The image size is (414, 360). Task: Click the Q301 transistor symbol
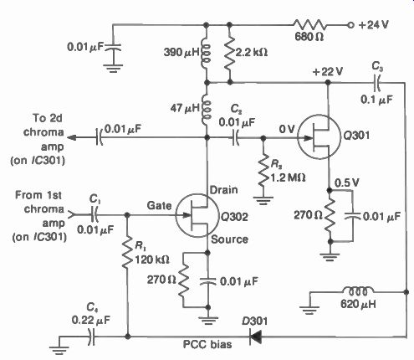point(319,137)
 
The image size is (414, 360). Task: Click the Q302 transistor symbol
point(197,215)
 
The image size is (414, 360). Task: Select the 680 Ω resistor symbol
point(309,25)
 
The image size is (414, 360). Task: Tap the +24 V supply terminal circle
point(350,25)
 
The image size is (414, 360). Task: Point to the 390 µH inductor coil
point(207,53)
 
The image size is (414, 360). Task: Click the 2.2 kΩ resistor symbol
point(229,53)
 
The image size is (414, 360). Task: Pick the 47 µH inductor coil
point(207,109)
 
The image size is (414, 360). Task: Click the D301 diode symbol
point(255,337)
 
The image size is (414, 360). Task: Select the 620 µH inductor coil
point(358,291)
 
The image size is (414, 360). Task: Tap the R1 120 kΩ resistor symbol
point(127,253)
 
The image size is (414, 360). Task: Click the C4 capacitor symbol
point(92,337)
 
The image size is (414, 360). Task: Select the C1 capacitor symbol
point(95,215)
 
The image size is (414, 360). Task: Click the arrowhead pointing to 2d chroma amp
point(72,137)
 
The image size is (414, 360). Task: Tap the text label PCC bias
point(207,344)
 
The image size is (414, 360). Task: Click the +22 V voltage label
point(327,72)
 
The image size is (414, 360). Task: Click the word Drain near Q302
point(224,190)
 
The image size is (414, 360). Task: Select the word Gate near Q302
point(159,206)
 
